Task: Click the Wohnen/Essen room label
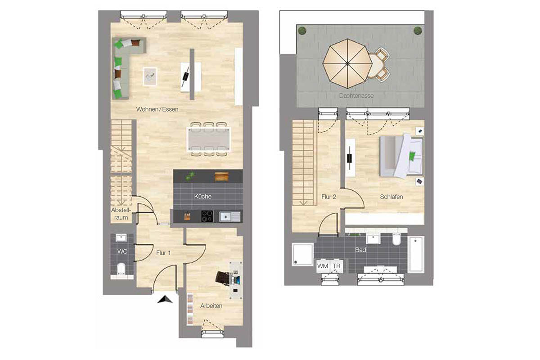click(x=157, y=109)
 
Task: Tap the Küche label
click(x=203, y=196)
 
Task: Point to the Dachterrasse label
click(x=356, y=96)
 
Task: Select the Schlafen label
click(x=391, y=197)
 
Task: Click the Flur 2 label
click(x=328, y=197)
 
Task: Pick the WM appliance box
click(x=323, y=266)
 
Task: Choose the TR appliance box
click(x=337, y=266)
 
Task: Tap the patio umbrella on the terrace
click(x=347, y=63)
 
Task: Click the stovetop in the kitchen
click(x=207, y=216)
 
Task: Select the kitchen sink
click(x=229, y=216)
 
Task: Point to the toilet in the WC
click(x=121, y=269)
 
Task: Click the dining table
click(x=209, y=139)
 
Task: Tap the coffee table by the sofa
click(x=150, y=76)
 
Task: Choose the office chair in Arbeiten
click(x=223, y=278)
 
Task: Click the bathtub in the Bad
click(x=416, y=254)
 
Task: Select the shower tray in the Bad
click(x=302, y=254)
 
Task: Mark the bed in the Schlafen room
click(x=401, y=156)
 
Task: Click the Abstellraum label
click(x=121, y=214)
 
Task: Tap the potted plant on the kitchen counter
click(x=190, y=176)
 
